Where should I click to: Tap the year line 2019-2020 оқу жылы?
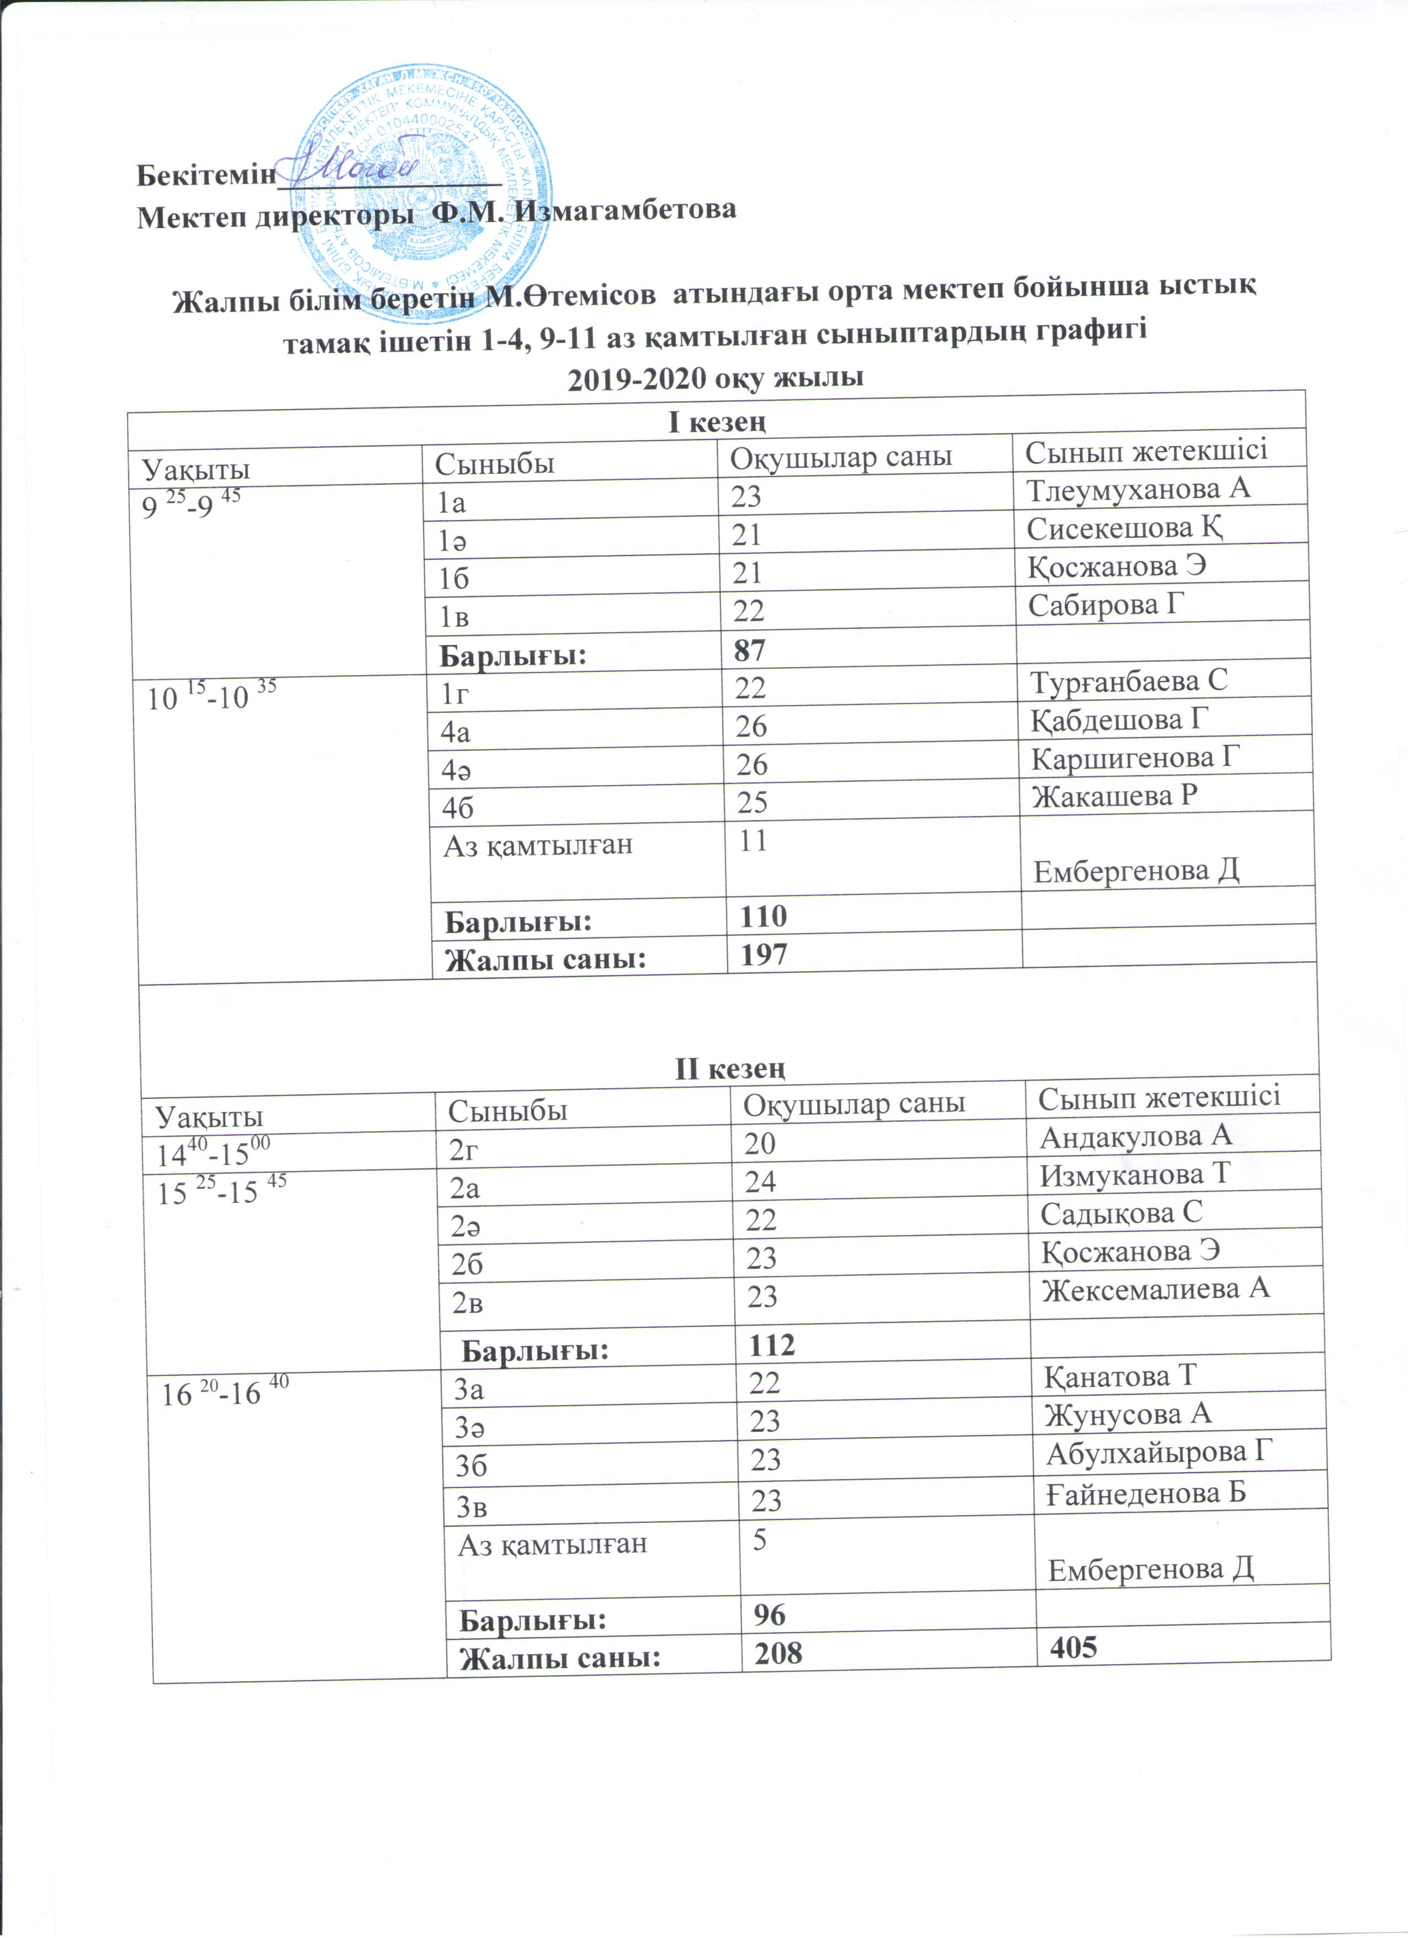pyautogui.click(x=716, y=377)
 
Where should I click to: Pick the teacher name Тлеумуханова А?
pyautogui.click(x=1138, y=489)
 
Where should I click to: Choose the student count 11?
pyautogui.click(x=752, y=841)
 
